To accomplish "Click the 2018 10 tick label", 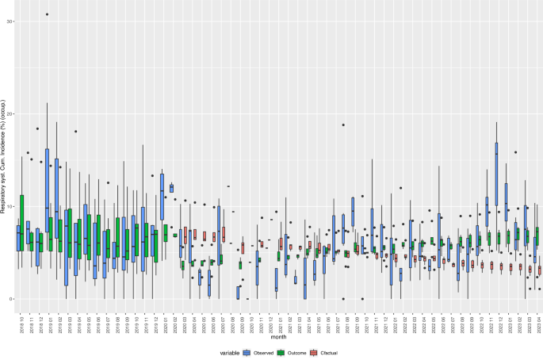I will pyautogui.click(x=19, y=323).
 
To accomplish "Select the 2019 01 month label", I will pyautogui.click(x=48, y=323).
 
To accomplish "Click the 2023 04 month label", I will pyautogui.click(x=539, y=323).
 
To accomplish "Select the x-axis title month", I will pyautogui.click(x=277, y=337).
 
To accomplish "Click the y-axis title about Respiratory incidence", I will pyautogui.click(x=4, y=159).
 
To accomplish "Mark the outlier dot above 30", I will pyautogui.click(x=48, y=14).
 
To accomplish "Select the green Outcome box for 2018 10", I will pyautogui.click(x=22, y=222).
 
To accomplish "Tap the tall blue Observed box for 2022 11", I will pyautogui.click(x=497, y=174).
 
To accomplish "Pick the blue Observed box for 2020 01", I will pyautogui.click(x=162, y=196).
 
